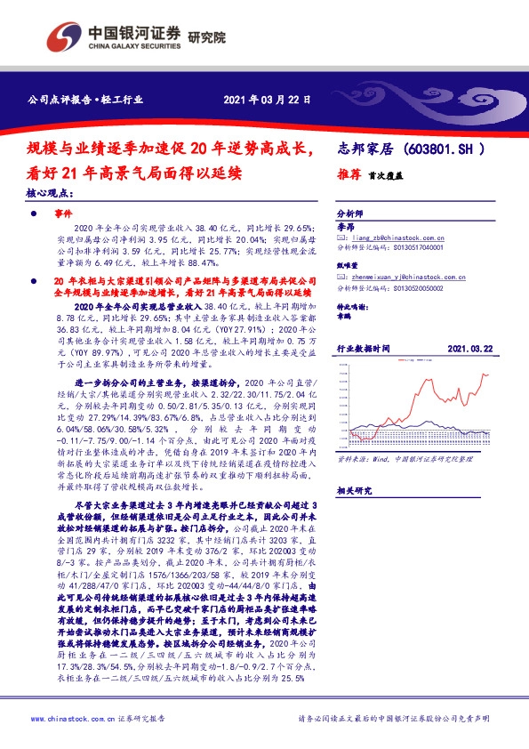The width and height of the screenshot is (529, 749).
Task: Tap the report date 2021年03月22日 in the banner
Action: (266, 100)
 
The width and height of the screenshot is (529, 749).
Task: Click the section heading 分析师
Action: (349, 214)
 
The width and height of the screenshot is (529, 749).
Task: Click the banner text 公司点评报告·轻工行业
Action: (84, 100)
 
